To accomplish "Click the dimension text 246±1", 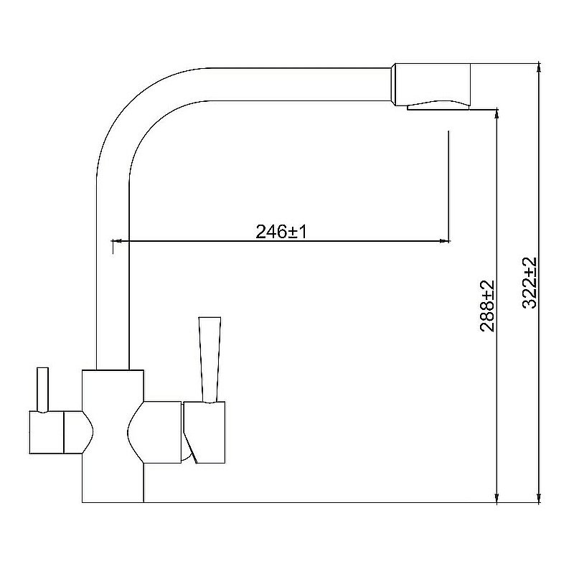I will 281,232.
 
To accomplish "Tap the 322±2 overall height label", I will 530,283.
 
